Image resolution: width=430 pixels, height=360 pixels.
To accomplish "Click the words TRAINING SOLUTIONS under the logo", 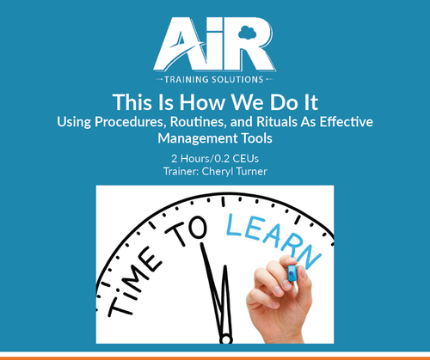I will click(x=215, y=76).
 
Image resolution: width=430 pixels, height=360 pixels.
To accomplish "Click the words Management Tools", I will click(x=215, y=137).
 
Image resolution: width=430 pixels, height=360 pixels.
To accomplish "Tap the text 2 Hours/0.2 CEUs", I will click(x=215, y=158).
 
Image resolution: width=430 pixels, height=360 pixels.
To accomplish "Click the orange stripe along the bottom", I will click(x=215, y=356).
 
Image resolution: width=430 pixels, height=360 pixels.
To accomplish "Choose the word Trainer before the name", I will click(x=181, y=172).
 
